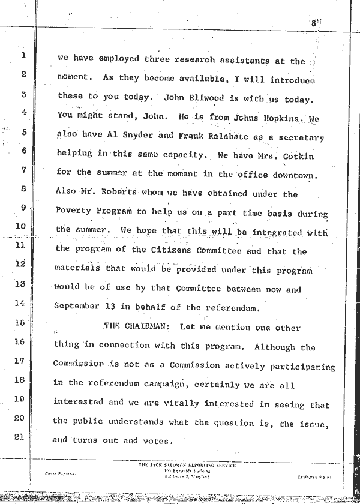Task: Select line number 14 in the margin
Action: [x=20, y=304]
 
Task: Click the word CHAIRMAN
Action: [x=134, y=328]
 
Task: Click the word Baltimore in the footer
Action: [x=165, y=476]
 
